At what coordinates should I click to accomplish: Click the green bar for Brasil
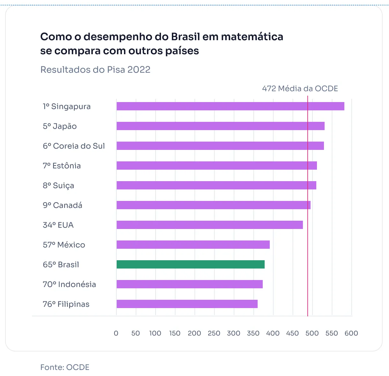coord(190,264)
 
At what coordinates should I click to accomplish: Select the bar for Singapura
coord(230,106)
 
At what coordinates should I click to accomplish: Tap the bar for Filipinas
coord(187,304)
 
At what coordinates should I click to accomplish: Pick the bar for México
coord(193,245)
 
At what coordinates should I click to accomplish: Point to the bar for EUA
coord(209,225)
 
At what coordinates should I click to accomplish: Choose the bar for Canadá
coord(213,205)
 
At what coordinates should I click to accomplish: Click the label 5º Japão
coord(60,126)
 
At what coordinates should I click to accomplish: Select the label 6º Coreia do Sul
coord(74,146)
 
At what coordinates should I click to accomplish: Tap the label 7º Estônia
coord(62,166)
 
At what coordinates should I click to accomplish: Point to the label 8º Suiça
coord(58,186)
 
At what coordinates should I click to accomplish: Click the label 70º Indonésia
coord(69,284)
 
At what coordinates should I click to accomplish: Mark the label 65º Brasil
coord(61,265)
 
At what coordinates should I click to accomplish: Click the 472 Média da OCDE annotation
coord(300,89)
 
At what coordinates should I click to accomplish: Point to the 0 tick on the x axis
coord(116,333)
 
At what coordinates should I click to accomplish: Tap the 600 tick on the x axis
coord(351,333)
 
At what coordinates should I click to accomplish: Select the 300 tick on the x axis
coord(233,333)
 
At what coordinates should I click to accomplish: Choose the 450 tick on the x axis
coord(292,333)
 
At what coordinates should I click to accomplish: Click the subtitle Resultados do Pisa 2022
coord(95,70)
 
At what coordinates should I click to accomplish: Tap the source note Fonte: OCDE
coord(65,367)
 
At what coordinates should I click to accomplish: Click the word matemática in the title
coord(252,37)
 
